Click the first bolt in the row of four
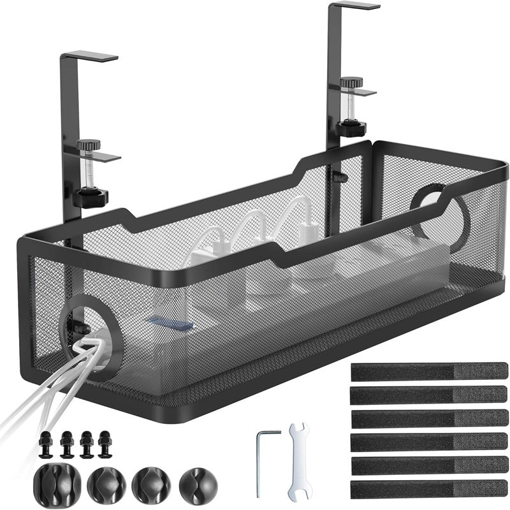[46, 444]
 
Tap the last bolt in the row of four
[105, 444]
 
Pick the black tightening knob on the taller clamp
[351, 127]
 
